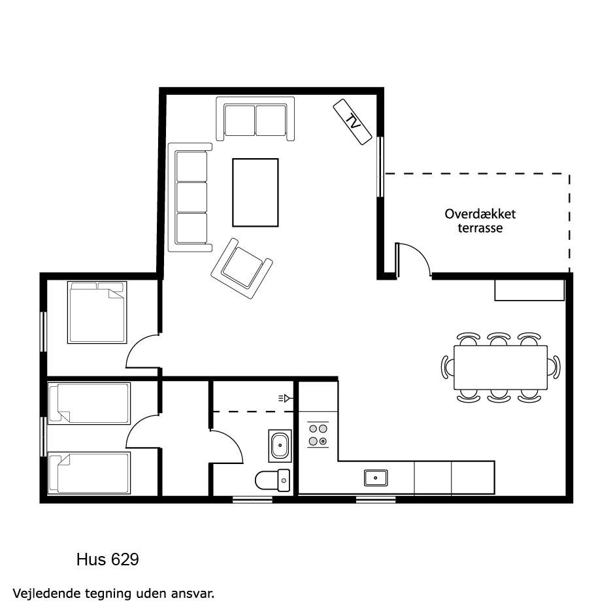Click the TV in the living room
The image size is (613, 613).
(x=352, y=122)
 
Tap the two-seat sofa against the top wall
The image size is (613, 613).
(x=256, y=118)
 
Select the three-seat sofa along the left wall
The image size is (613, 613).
(x=190, y=197)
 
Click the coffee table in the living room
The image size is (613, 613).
(x=256, y=192)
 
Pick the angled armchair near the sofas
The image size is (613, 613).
(x=242, y=269)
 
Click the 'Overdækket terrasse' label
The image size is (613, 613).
(x=480, y=221)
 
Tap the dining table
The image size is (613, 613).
(x=501, y=367)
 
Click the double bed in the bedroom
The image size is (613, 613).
(x=97, y=312)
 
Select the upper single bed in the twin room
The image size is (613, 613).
(x=89, y=403)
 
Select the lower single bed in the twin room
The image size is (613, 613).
(x=89, y=473)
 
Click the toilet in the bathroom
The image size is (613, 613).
(x=273, y=480)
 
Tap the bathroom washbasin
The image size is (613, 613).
(x=280, y=446)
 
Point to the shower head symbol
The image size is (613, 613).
(x=286, y=399)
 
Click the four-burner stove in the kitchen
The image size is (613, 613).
(x=318, y=435)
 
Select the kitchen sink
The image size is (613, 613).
(x=376, y=478)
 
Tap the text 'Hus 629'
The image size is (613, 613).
(x=108, y=559)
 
